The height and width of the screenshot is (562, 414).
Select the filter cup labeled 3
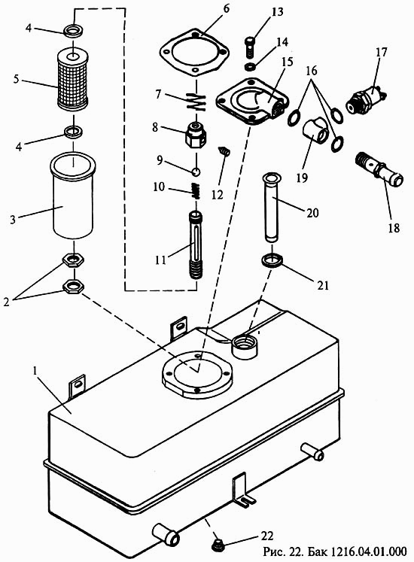73,196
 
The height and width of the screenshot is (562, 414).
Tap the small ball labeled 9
196,172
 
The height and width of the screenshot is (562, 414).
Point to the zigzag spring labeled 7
196,101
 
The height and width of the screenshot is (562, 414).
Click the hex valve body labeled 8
196,135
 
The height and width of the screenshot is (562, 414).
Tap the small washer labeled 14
250,67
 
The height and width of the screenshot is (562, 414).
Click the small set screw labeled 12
224,151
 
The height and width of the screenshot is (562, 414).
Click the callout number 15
288,62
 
